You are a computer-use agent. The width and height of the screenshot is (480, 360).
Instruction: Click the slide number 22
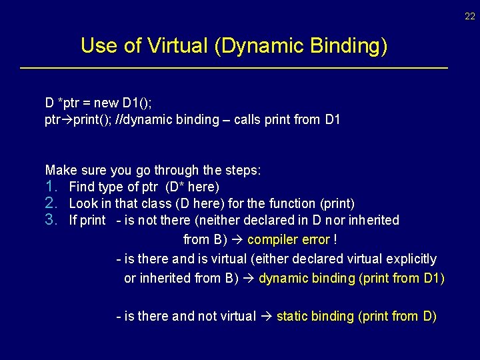pyautogui.click(x=470, y=16)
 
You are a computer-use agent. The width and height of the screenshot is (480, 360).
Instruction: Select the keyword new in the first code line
pyautogui.click(x=107, y=103)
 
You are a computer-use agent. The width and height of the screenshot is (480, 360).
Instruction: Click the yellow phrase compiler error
pyautogui.click(x=288, y=239)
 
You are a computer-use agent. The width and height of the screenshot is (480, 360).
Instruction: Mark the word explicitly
pyautogui.click(x=411, y=259)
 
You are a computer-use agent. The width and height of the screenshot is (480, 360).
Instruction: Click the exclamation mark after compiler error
pyautogui.click(x=335, y=239)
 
